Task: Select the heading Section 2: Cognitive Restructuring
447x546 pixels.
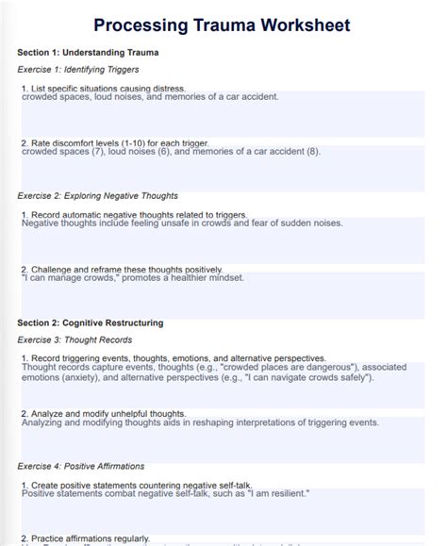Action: pos(91,323)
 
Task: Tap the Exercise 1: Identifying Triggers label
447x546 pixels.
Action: pos(78,70)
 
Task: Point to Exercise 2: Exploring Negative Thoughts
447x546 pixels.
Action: pos(97,196)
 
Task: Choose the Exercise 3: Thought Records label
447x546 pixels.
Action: pos(74,339)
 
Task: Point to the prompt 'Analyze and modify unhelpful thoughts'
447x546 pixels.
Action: pos(108,413)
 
